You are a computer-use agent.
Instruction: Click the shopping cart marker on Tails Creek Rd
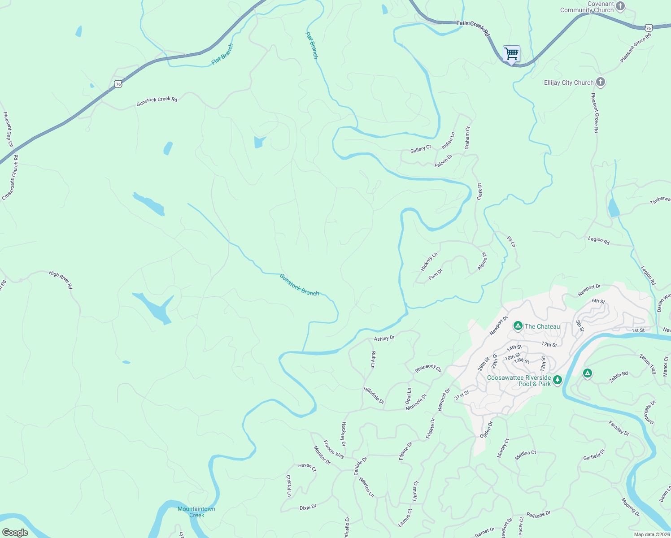tap(511, 54)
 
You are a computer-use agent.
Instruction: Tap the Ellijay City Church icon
tap(601, 82)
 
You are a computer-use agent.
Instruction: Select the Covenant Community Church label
tap(587, 7)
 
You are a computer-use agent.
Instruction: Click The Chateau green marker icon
tap(518, 326)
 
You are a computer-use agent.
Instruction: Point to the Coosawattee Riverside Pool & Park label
tap(519, 381)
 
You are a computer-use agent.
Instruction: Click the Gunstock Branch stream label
tap(299, 285)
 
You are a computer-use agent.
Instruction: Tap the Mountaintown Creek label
tap(196, 512)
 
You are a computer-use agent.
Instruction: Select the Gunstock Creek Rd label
tap(157, 101)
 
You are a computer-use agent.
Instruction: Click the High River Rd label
tap(61, 279)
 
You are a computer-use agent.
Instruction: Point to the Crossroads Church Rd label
tap(10, 178)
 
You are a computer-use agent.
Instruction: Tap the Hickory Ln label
tap(429, 262)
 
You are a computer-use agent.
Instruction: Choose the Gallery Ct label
tap(420, 149)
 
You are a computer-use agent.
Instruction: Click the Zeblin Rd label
tap(618, 377)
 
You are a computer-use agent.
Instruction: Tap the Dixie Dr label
tap(308, 507)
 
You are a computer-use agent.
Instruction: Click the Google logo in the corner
tap(15, 532)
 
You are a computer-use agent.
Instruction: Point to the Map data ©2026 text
tap(651, 534)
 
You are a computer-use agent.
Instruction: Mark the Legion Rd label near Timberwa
tap(599, 241)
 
